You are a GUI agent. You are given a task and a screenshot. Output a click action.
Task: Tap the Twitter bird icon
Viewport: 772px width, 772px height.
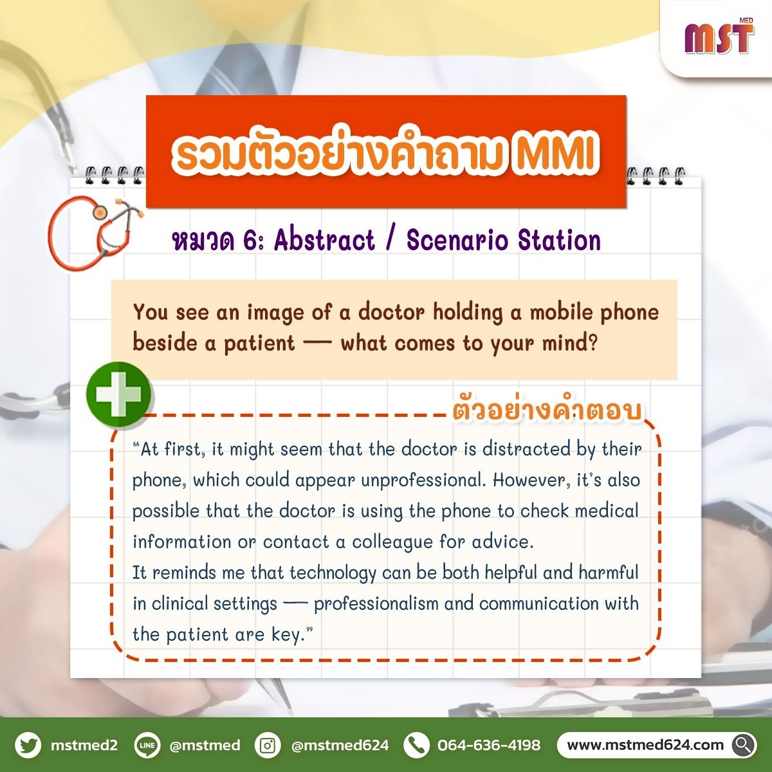[x=28, y=745]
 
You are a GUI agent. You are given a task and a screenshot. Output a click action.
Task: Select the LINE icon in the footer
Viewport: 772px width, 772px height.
[x=147, y=745]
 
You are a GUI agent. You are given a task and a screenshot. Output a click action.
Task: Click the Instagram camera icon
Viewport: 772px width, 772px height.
[x=268, y=745]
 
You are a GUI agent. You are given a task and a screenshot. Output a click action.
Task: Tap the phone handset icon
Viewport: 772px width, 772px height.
[x=417, y=745]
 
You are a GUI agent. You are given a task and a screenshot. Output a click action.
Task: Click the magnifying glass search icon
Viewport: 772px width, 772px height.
[x=743, y=745]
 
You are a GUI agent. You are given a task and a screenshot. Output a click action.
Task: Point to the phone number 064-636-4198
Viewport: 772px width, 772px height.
[x=489, y=745]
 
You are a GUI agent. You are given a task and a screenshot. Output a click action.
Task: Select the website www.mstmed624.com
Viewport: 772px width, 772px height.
[x=645, y=745]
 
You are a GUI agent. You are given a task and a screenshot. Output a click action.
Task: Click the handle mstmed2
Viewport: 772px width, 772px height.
[x=84, y=745]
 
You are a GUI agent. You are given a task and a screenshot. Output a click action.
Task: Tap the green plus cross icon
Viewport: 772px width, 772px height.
[x=118, y=394]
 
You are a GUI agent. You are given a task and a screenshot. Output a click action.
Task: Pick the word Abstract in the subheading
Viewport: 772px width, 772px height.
[x=325, y=241]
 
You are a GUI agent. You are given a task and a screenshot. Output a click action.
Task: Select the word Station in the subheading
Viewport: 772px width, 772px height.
[x=559, y=241]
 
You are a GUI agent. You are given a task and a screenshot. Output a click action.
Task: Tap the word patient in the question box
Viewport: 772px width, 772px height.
[x=259, y=344]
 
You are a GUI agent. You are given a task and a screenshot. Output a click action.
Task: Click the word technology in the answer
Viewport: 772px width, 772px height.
[x=333, y=573]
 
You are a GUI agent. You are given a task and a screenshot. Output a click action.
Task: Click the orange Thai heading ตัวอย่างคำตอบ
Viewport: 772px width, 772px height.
[x=547, y=410]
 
